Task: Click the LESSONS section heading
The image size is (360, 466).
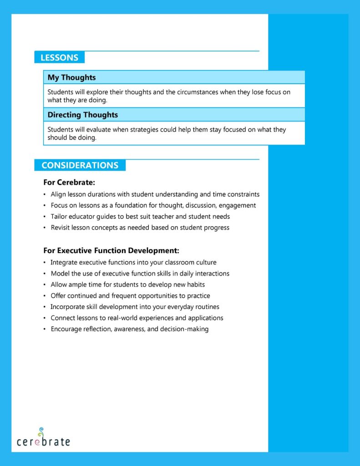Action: click(59, 58)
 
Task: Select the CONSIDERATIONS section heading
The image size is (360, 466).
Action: click(80, 165)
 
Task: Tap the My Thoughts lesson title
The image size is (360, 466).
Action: click(71, 77)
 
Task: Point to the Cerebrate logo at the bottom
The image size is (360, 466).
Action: click(43, 439)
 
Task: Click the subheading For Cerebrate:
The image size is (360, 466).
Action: click(69, 182)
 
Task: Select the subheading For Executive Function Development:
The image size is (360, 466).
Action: click(111, 251)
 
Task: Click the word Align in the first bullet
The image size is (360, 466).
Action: click(58, 194)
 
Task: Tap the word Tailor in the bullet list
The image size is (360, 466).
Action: click(59, 217)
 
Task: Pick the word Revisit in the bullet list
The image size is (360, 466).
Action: click(61, 228)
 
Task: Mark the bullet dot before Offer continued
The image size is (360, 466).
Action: click(45, 296)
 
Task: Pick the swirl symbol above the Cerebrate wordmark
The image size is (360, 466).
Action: click(41, 431)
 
